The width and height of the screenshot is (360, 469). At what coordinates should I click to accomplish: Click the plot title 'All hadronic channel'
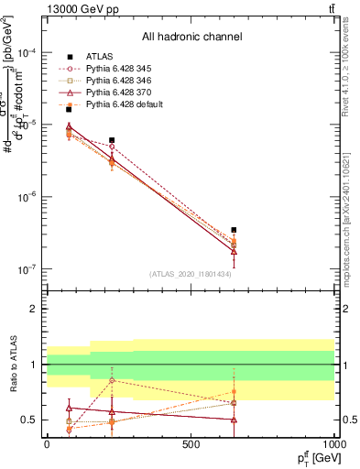pyautogui.click(x=191, y=37)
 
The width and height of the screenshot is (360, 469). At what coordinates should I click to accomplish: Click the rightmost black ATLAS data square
pyautogui.click(x=234, y=230)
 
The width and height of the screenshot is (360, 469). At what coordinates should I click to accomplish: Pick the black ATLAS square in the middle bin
pyautogui.click(x=112, y=140)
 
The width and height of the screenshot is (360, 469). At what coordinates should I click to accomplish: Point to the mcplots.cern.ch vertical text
pyautogui.click(x=351, y=220)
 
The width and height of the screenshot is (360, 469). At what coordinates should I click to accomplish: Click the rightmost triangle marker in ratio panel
pyautogui.click(x=234, y=420)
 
